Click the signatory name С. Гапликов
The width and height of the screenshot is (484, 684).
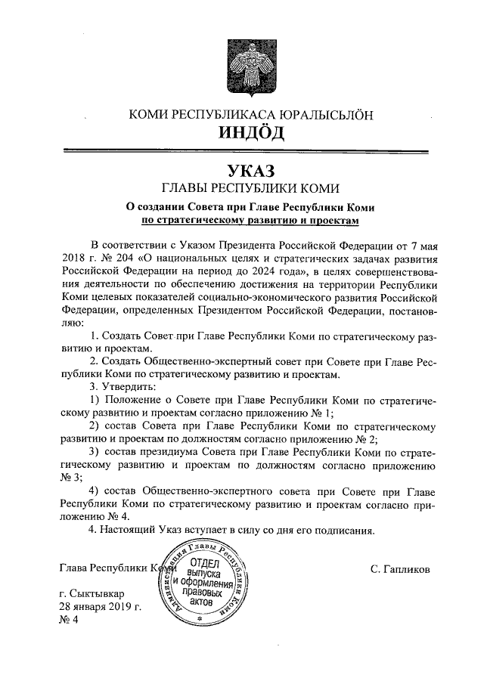[x=400, y=568]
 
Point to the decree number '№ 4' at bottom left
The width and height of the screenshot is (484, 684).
[x=68, y=621]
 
